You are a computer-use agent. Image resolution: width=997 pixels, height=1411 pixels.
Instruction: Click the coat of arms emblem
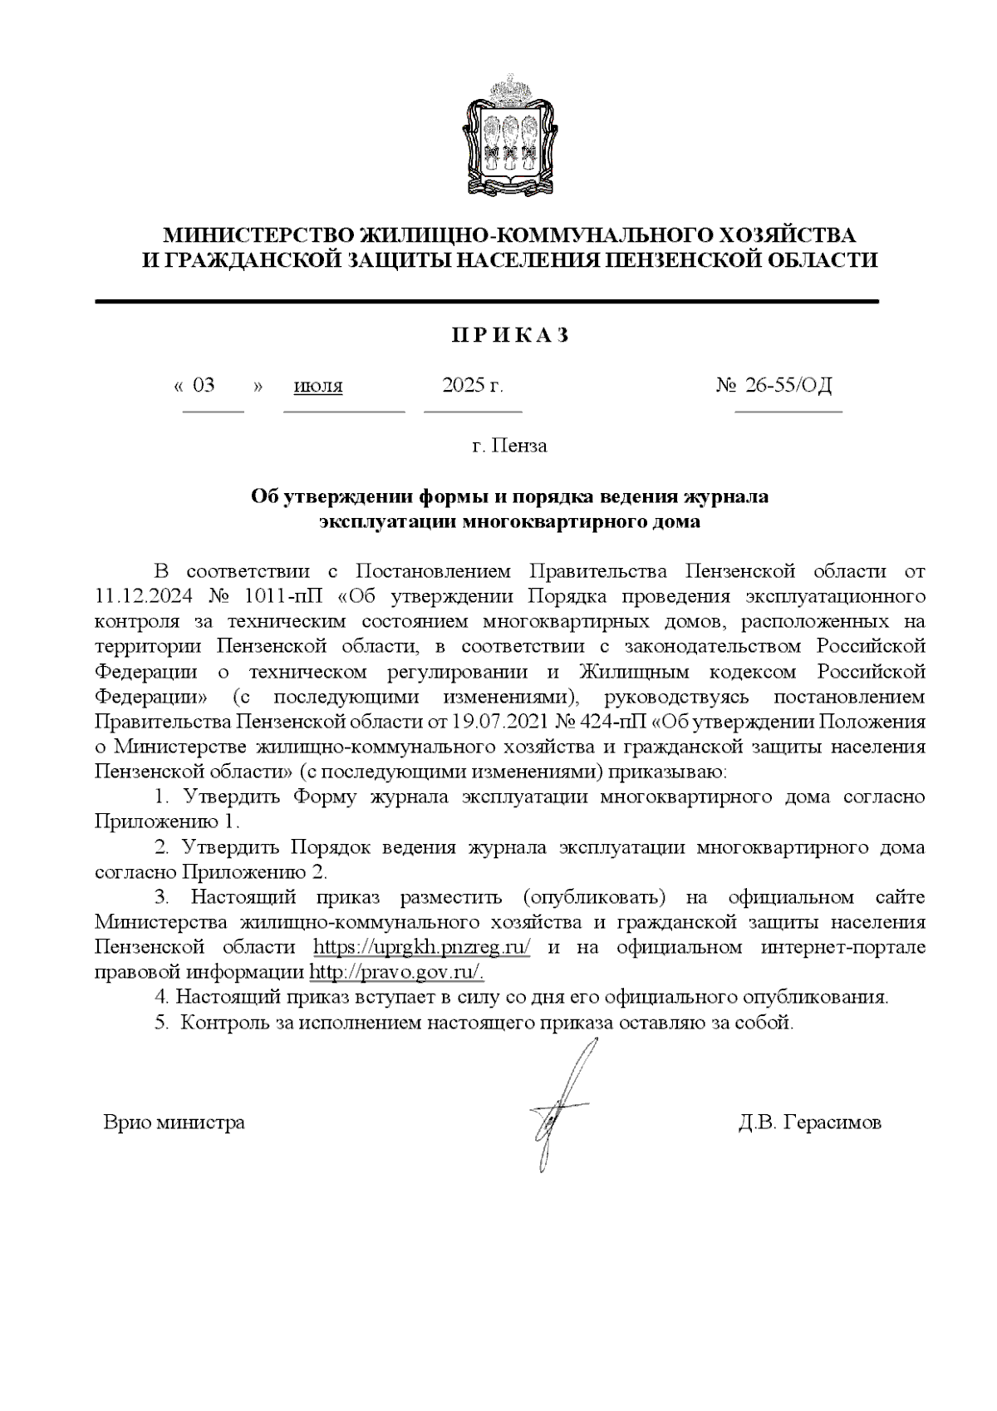[508, 136]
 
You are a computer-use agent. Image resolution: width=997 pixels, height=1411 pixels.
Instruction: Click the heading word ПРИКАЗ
[510, 335]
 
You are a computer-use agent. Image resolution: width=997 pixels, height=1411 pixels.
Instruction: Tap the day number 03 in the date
[204, 385]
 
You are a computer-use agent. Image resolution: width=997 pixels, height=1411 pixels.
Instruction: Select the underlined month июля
[318, 386]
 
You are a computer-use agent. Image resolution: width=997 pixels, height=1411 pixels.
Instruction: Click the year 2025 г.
[473, 385]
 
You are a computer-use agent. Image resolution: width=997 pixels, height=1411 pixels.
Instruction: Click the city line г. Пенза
[509, 446]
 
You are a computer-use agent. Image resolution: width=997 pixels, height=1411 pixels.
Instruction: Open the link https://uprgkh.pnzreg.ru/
[422, 947]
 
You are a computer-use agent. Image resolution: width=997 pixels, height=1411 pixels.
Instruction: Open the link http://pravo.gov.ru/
[396, 972]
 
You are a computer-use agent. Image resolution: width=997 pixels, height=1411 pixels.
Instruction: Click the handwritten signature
[561, 1106]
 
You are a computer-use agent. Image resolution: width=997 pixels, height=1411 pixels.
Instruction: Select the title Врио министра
[174, 1122]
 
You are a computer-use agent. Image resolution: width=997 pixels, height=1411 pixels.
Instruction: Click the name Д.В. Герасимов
[809, 1122]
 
